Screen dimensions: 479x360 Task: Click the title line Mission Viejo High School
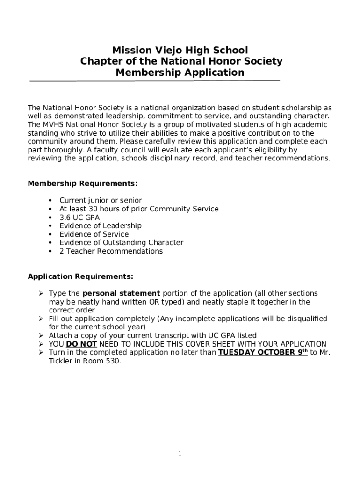[180, 50]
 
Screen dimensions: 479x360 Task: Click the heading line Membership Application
[180, 73]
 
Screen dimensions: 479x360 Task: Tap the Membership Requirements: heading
[83, 183]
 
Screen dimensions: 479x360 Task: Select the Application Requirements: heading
[80, 276]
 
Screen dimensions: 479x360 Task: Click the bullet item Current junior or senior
[101, 201]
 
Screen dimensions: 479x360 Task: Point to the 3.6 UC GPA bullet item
[79, 218]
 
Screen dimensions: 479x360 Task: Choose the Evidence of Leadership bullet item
[101, 226]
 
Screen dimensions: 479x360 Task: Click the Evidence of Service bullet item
[94, 234]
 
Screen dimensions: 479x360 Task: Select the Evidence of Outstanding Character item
[121, 243]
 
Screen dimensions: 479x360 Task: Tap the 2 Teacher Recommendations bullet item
[111, 251]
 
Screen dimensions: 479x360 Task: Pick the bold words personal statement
[121, 293]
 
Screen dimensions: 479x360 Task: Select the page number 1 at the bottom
[180, 454]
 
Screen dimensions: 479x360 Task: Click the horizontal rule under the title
[154, 81]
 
